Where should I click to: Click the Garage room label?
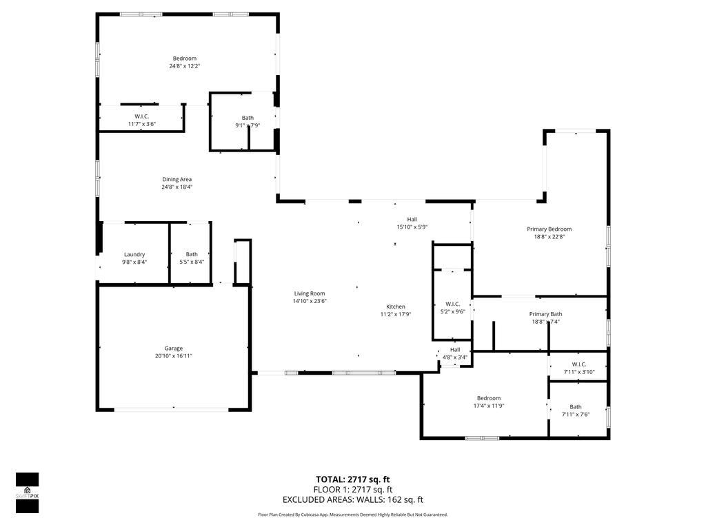coord(173,348)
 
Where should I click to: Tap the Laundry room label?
coord(134,254)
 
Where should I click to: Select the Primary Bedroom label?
coord(549,229)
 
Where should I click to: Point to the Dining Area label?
coord(176,179)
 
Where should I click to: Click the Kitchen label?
coord(395,307)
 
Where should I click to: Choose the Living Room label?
coord(310,293)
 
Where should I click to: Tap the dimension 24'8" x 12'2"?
coord(184,66)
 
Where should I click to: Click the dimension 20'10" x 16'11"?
coord(173,356)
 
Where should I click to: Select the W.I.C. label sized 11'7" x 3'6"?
coord(142,116)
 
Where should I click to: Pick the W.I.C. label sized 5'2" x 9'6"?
coord(453,303)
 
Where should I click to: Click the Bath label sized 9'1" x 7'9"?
coord(248,118)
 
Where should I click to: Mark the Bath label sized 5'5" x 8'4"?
coord(192,254)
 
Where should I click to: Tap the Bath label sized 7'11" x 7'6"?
coord(576,406)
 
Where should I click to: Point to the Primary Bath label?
coord(545,314)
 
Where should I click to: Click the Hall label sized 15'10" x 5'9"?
coord(412,219)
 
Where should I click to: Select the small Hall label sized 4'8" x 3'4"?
coord(455,349)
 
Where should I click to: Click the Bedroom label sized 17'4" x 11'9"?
coord(489,397)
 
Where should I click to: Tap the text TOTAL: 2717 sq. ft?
coord(353,479)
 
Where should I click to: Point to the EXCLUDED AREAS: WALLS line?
coord(353,500)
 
